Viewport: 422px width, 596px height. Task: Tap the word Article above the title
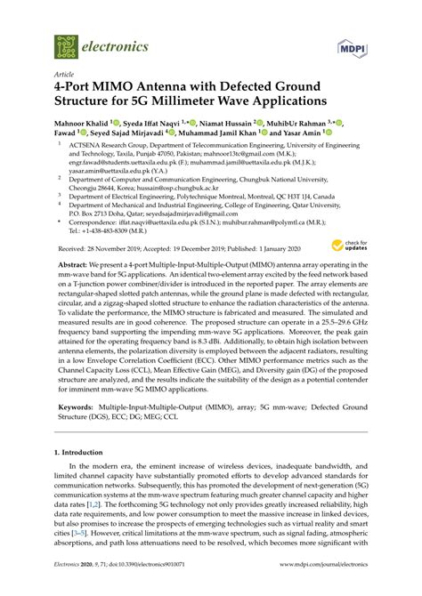click(x=63, y=76)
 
